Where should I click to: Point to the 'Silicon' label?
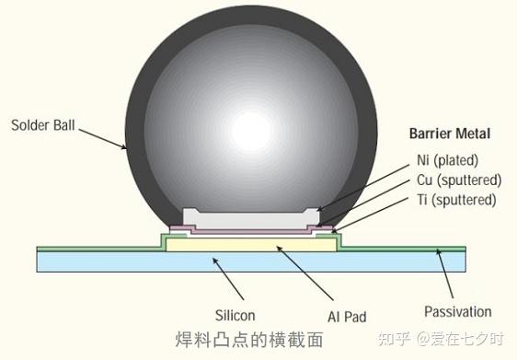click(233, 314)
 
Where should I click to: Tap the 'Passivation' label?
click(457, 312)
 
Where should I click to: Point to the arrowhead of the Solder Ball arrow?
click(128, 148)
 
